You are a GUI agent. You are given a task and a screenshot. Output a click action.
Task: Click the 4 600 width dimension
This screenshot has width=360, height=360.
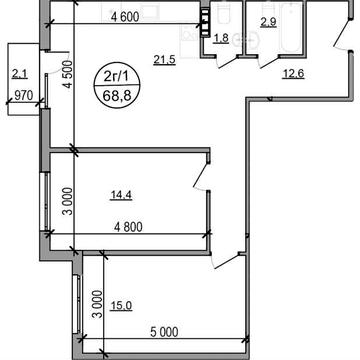pos(124,16)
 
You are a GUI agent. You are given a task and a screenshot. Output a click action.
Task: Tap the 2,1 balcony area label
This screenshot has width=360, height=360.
pos(19,73)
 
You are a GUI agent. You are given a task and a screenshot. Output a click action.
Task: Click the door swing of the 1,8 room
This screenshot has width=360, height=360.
pos(226,59)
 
